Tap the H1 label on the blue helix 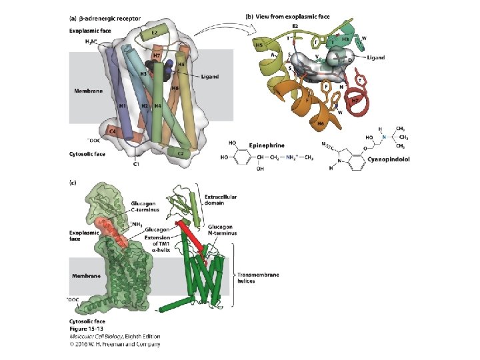(123, 105)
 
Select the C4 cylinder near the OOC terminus (113, 133)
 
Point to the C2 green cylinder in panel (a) (177, 152)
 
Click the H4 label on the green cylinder (158, 105)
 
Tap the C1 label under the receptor (136, 164)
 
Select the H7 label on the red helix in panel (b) (356, 99)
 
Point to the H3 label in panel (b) (345, 39)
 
